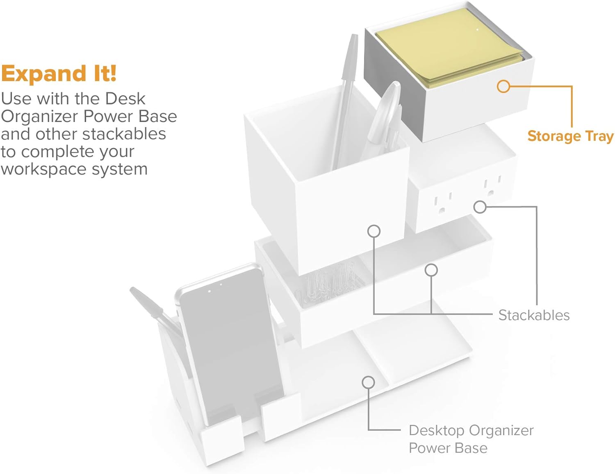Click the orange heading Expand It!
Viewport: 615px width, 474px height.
[x=59, y=74]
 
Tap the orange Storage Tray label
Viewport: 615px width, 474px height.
[x=570, y=136]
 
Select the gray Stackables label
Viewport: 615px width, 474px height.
[x=534, y=315]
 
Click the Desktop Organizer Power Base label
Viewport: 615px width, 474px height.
[x=471, y=439]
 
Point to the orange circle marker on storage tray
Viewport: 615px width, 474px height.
[x=503, y=86]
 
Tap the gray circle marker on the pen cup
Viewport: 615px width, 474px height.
[x=374, y=231]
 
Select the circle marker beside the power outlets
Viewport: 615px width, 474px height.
[x=480, y=207]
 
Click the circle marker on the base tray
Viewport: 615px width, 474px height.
[x=368, y=382]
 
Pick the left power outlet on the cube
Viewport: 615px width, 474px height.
[x=442, y=203]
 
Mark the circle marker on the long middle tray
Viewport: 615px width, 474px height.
[x=431, y=270]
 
